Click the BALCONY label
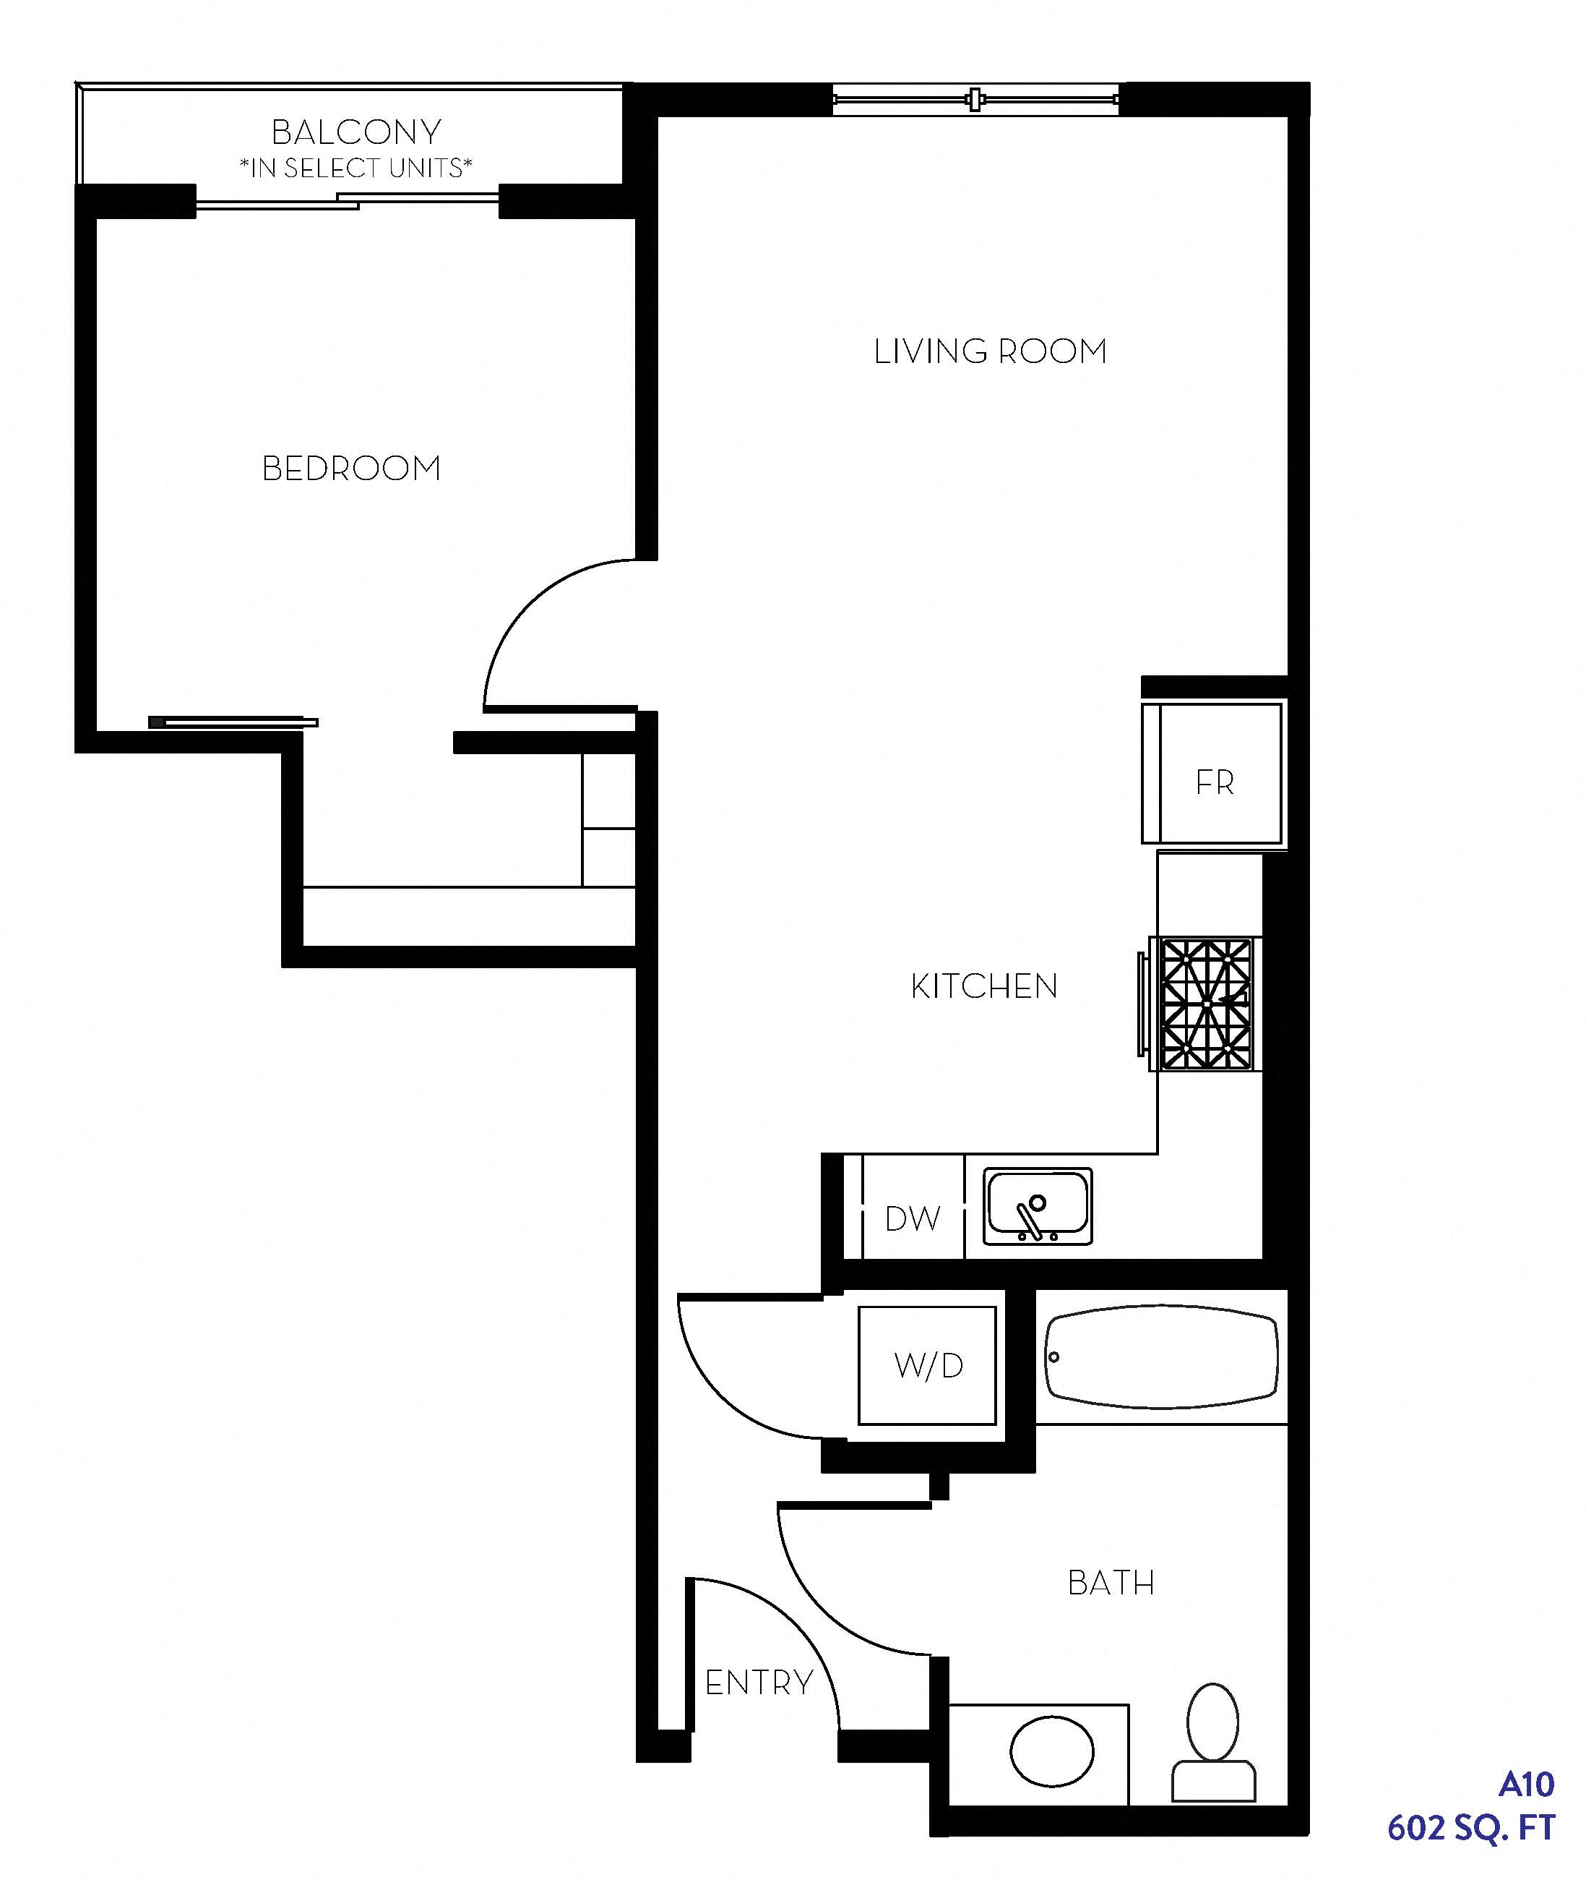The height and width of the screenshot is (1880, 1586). tap(356, 132)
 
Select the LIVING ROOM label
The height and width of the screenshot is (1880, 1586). tap(990, 351)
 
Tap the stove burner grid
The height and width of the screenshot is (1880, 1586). tap(1206, 1004)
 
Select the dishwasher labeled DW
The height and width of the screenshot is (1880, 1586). tap(913, 1206)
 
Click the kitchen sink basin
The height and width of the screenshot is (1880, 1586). tap(1038, 1206)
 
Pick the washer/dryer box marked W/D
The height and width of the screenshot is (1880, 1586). tap(927, 1365)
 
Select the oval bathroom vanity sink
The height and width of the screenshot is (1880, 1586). tap(1052, 1751)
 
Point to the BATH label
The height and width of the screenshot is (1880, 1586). tap(1111, 1583)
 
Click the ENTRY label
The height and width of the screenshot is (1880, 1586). tap(759, 1682)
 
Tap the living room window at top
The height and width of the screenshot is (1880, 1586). tap(975, 99)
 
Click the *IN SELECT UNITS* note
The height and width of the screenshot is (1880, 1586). tap(356, 168)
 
